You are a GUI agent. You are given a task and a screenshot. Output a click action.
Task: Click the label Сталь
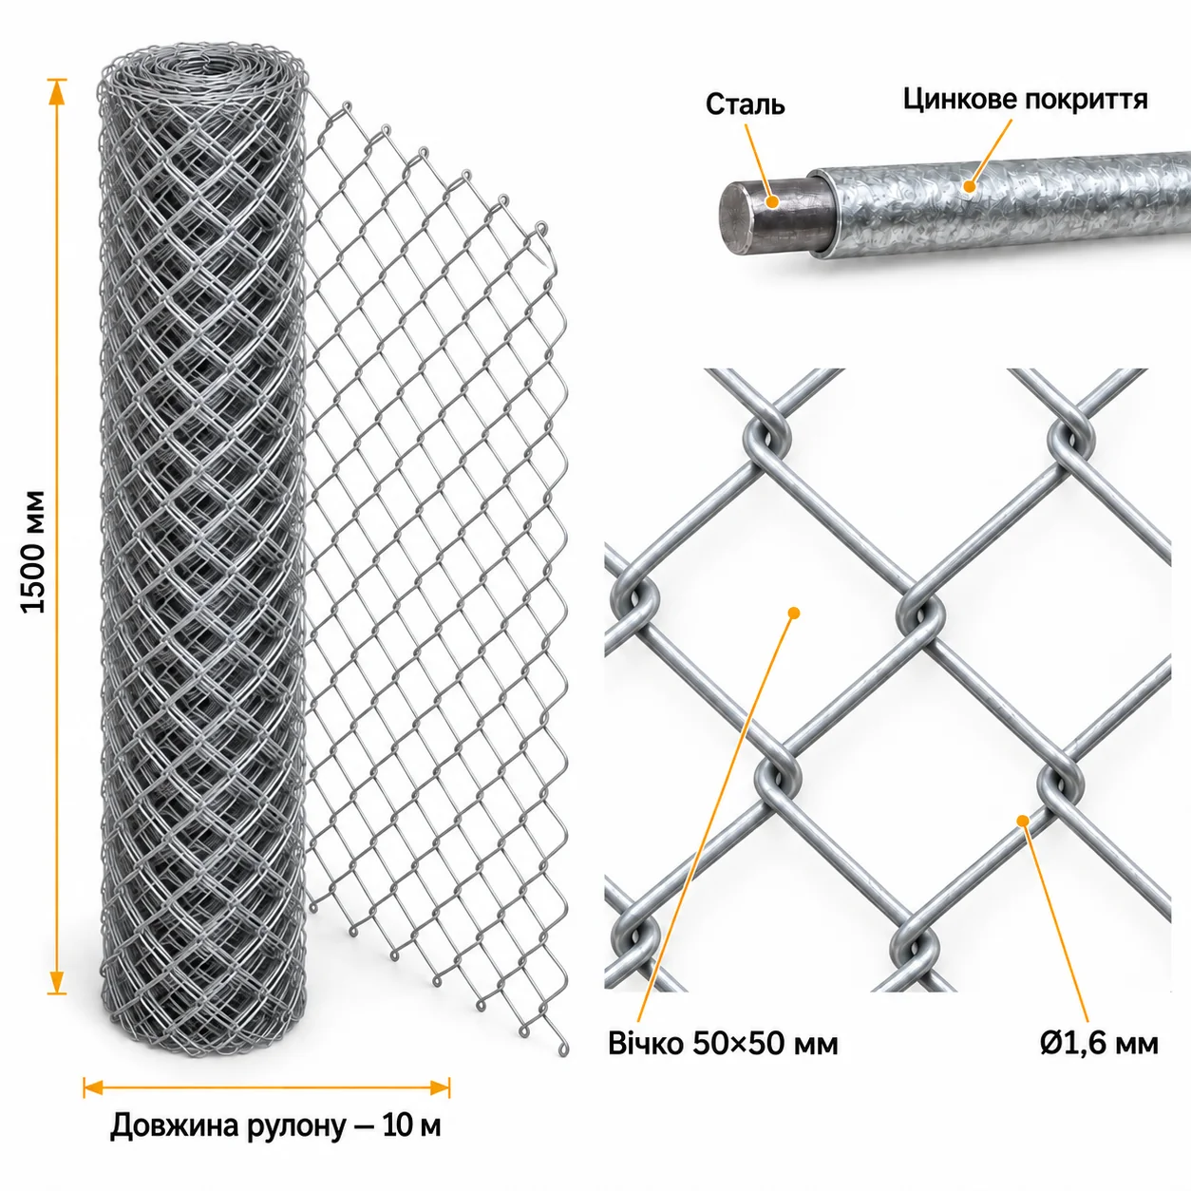(745, 105)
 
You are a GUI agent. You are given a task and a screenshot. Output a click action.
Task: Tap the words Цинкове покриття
(1026, 99)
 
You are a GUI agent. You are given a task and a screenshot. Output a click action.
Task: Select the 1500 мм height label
(33, 552)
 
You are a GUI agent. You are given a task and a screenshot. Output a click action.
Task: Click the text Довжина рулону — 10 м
(275, 1125)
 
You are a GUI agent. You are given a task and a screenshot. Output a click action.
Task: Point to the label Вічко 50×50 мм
(723, 1044)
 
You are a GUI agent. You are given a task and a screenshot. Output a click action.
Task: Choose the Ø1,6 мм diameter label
(1099, 1044)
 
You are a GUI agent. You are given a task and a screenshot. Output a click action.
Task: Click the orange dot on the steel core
(771, 201)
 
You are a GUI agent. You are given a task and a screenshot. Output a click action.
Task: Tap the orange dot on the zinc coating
(969, 185)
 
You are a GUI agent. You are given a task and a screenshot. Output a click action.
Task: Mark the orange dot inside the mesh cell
(795, 613)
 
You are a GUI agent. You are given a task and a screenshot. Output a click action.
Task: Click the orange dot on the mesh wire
(1023, 821)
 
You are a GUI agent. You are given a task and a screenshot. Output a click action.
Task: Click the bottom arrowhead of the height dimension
(57, 982)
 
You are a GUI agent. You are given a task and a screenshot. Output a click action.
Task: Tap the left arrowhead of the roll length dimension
(93, 1087)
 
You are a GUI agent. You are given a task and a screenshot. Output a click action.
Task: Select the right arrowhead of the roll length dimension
(440, 1087)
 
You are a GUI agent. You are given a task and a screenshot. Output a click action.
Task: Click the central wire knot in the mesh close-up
(920, 614)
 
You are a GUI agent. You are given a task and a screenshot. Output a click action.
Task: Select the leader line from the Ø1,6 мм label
(1054, 923)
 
